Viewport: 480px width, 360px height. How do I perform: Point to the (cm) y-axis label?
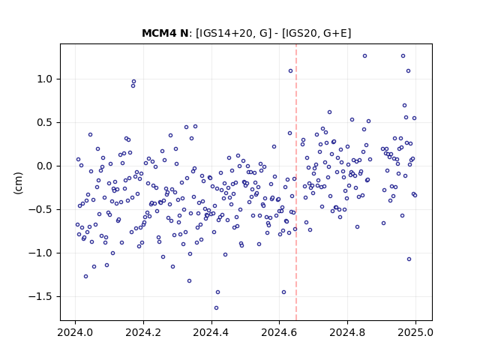point(18,183)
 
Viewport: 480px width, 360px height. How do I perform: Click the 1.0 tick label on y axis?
point(45,79)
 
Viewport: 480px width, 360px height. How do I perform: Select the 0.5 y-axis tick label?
point(45,123)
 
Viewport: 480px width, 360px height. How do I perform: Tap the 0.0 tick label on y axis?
point(45,166)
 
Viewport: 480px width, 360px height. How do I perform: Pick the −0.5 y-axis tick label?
point(40,210)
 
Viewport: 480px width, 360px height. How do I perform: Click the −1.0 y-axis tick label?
point(40,253)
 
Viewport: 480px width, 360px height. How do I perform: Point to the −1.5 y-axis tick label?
point(40,297)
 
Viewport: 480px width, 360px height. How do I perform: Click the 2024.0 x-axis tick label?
point(75,332)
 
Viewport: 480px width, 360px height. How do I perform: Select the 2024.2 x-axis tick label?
point(143,332)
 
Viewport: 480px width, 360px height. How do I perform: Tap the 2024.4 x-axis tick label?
point(211,332)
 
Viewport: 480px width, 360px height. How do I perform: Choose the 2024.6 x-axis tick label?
point(279,332)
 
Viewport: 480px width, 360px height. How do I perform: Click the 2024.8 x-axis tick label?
point(347,332)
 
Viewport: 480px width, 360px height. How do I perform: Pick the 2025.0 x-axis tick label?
point(415,332)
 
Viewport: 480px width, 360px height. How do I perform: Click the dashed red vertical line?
point(296,182)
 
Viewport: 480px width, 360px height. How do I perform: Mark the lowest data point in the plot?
point(217,308)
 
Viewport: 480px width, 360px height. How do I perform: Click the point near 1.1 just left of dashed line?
point(291,71)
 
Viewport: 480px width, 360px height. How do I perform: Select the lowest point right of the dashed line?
point(409,259)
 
